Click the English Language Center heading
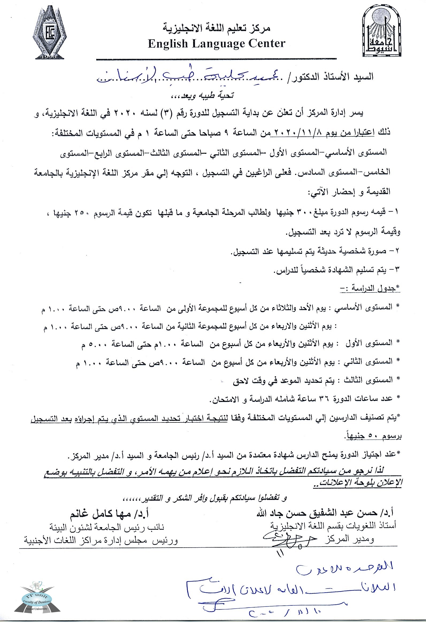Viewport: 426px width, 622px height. coord(217,44)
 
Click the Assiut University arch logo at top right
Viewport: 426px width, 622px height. coord(382,33)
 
